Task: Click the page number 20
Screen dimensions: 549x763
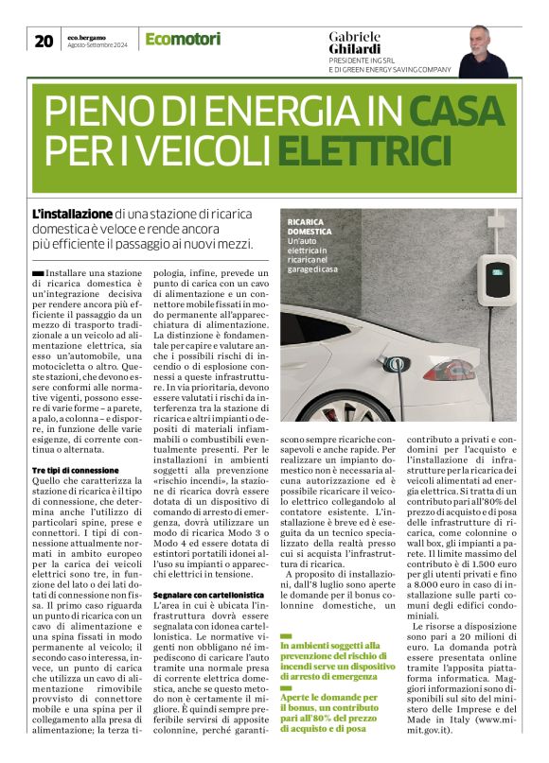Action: [x=44, y=40]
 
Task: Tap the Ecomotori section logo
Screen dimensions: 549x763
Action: [x=183, y=40]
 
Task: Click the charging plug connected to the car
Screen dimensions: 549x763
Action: [x=389, y=361]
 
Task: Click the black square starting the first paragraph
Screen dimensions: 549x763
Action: [x=36, y=272]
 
